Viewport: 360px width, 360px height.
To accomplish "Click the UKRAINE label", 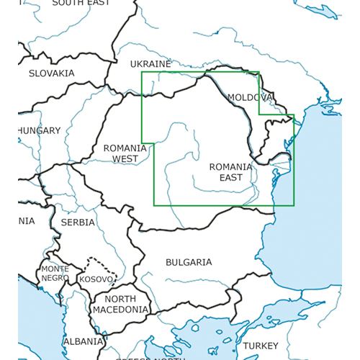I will click(x=150, y=64).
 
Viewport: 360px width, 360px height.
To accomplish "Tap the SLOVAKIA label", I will click(x=51, y=73).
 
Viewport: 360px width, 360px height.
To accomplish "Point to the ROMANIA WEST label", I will click(x=125, y=153).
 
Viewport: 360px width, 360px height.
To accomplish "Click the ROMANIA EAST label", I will click(x=231, y=172).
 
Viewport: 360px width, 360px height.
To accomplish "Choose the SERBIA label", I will click(x=78, y=222).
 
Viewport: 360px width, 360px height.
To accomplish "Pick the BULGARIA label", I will click(x=189, y=262).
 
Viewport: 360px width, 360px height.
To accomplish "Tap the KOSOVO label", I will click(x=96, y=279).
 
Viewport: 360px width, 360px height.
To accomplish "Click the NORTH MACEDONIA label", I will click(x=120, y=304).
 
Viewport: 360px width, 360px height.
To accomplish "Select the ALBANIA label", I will click(x=83, y=341).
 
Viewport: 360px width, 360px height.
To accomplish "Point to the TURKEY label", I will click(x=260, y=346).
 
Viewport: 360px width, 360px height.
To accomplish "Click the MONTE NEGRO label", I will click(x=55, y=274).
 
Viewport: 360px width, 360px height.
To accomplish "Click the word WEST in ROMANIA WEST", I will click(x=125, y=158).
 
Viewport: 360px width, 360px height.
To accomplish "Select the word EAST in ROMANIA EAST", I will click(x=231, y=178).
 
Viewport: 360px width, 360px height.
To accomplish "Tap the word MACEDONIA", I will click(x=120, y=310).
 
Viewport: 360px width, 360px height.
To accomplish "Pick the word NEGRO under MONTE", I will click(x=55, y=278).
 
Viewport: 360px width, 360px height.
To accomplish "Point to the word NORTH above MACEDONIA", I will click(x=121, y=299).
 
